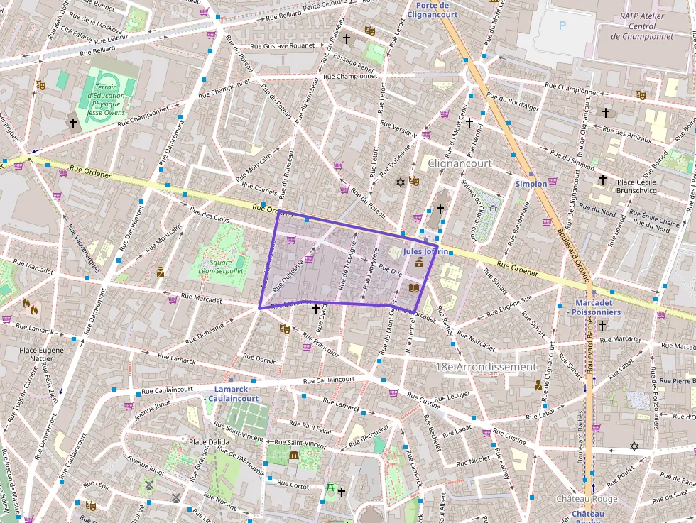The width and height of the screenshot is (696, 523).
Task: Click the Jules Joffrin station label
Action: [425, 251]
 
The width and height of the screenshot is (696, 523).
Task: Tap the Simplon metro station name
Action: [531, 183]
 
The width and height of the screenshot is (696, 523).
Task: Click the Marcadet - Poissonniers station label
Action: [593, 307]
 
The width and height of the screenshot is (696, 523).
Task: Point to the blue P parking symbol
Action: [563, 26]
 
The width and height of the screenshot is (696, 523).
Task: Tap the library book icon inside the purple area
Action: [414, 287]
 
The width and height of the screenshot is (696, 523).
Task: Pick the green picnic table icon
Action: [330, 488]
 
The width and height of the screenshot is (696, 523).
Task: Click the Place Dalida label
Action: [209, 442]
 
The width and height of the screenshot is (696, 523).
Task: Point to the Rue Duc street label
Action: [391, 270]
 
